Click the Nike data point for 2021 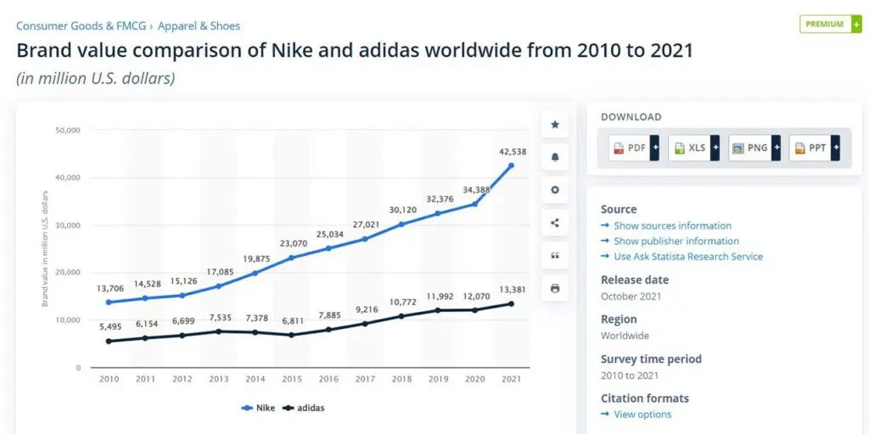(511, 165)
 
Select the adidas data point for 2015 (291, 335)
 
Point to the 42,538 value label (511, 153)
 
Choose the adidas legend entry (305, 408)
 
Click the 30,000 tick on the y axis (68, 225)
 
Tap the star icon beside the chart (555, 125)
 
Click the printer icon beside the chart (555, 288)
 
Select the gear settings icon (555, 190)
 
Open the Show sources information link (672, 225)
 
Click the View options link (642, 415)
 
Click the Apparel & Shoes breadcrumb (199, 26)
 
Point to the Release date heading (635, 280)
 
